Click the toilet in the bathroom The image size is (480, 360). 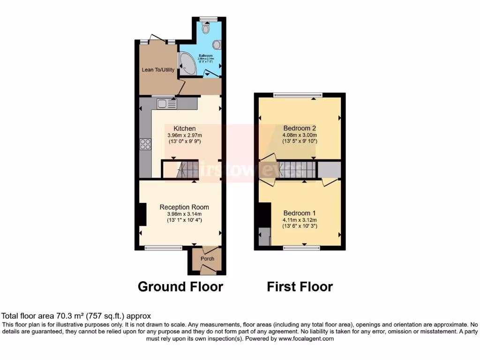coord(207,28)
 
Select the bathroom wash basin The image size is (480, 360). coord(217,45)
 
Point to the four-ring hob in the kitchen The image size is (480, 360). coord(145,144)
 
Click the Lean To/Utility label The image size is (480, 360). coord(158,70)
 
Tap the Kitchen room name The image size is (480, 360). coord(185,128)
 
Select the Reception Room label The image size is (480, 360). coord(184,207)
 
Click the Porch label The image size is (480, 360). coord(207,259)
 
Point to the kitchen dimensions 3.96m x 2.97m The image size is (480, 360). coord(185,135)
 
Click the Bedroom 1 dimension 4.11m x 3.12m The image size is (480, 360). coord(300,220)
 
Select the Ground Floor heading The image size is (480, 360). coord(180,286)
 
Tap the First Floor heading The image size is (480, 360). coord(300,286)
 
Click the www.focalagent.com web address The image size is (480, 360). coord(306,338)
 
